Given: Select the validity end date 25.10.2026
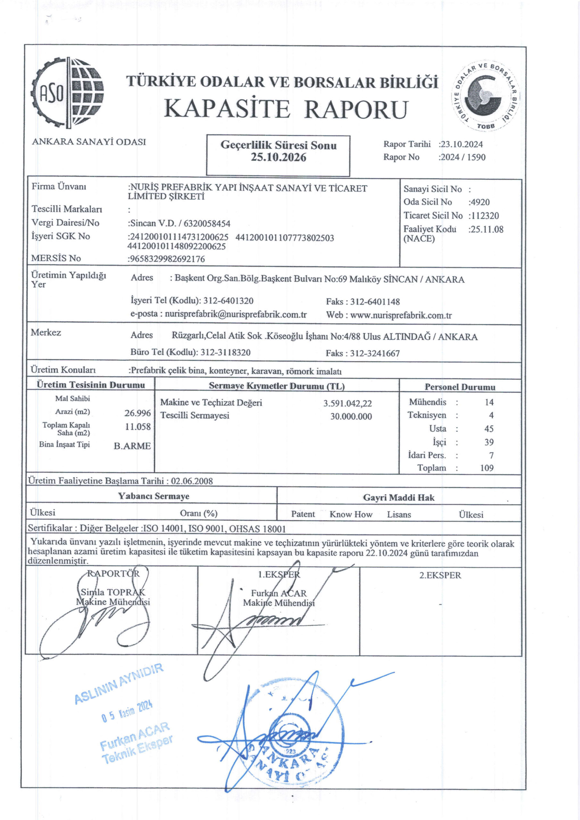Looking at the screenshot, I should tap(278, 158).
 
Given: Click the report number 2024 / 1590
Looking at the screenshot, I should tap(463, 157).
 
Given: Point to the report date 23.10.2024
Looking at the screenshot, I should tap(462, 144).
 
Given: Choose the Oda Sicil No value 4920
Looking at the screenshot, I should tap(480, 202).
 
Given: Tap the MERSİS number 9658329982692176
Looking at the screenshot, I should tap(167, 259).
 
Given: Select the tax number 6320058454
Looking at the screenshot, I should tap(207, 224).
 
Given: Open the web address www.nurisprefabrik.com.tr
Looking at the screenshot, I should tap(401, 316).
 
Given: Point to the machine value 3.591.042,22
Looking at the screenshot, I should tap(347, 404).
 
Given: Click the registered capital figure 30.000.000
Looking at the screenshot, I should tap(351, 416).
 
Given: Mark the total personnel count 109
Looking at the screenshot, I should tap(487, 468).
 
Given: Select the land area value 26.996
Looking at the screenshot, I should tap(137, 413).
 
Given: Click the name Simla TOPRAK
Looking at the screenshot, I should tap(113, 592).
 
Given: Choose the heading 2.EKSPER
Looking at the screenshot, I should tap(440, 575).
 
